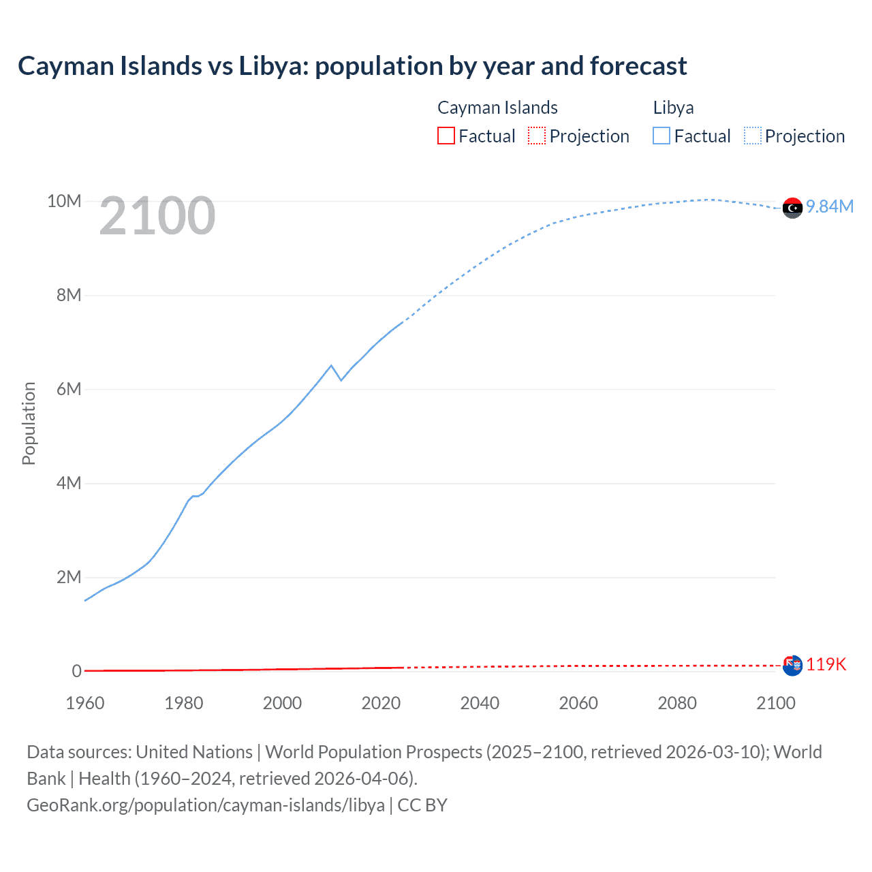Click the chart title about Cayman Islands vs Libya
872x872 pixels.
(x=352, y=66)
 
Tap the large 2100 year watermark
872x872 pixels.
(x=157, y=216)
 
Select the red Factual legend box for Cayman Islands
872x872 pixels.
(x=446, y=136)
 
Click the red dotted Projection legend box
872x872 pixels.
(x=537, y=136)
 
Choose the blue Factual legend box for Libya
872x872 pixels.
(x=661, y=136)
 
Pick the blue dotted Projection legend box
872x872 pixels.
(x=752, y=136)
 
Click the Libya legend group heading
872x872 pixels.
(x=673, y=108)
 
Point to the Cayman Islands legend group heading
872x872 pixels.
(x=497, y=108)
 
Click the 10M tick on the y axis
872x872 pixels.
(x=64, y=201)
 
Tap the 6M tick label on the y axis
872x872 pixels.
(x=68, y=389)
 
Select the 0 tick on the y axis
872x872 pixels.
(x=76, y=671)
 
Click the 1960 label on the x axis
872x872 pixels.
(x=85, y=703)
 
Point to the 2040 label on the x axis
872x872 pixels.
(x=480, y=703)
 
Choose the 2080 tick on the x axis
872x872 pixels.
(x=677, y=703)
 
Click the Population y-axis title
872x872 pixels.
(x=29, y=423)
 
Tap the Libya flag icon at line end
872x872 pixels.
(x=792, y=208)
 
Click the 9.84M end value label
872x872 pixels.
(x=830, y=207)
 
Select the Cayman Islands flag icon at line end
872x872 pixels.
(x=792, y=665)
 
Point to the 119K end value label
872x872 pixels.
(x=826, y=665)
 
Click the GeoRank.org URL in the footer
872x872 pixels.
(x=206, y=805)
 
